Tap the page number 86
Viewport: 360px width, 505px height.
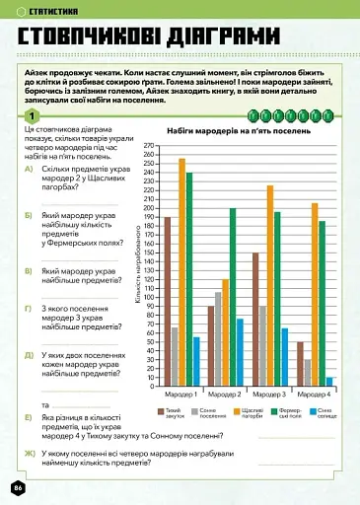[x=17, y=488]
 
